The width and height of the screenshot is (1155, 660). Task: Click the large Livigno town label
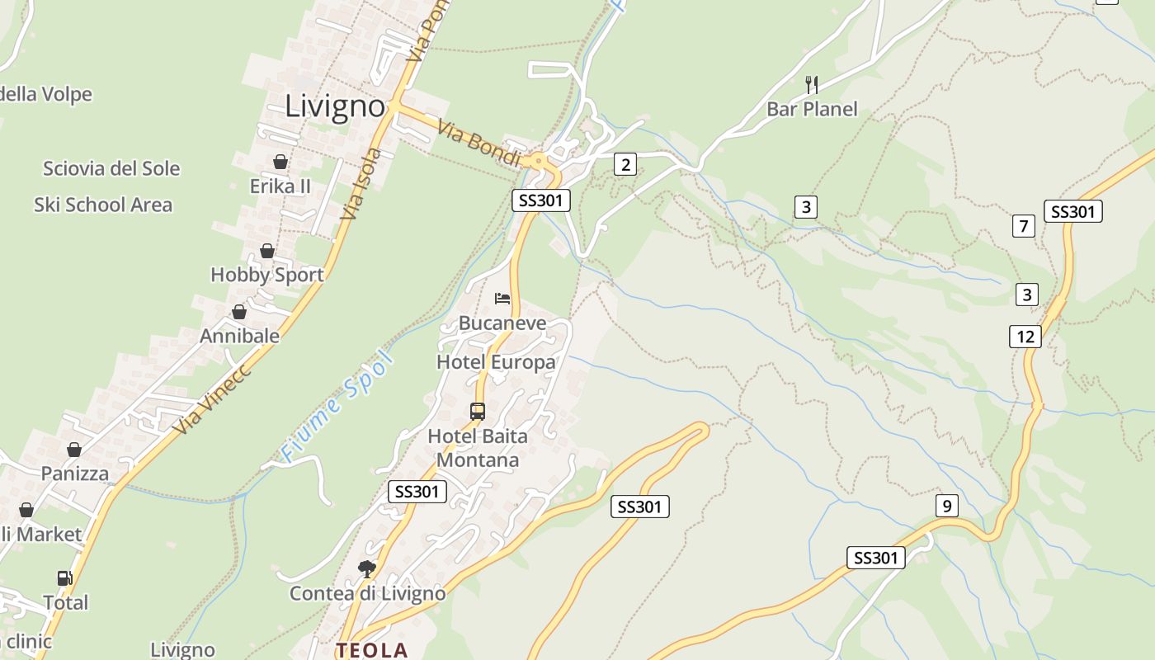coord(335,106)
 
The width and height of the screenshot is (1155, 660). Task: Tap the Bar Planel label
coord(812,109)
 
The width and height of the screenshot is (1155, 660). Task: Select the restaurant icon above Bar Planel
coord(812,83)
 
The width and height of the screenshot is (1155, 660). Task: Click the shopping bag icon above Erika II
coord(280,162)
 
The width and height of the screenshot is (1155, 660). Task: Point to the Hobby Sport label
coord(266,275)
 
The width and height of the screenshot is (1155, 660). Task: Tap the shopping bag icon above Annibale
coord(239,312)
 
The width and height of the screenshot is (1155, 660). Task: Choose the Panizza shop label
coord(75,474)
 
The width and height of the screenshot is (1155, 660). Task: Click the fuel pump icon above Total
coord(65,578)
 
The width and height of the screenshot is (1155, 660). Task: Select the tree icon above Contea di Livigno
coord(367,568)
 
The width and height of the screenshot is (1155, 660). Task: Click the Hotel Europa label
coord(496,362)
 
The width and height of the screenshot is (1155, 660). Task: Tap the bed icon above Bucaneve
coord(502,298)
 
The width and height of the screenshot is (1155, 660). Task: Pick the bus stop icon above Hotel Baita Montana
coord(478,411)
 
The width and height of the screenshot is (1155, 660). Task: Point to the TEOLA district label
coord(371,650)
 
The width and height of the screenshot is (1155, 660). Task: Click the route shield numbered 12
coord(1025,336)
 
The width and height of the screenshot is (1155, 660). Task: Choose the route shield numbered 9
coord(947,506)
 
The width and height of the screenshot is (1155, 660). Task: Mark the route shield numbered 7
coord(1024,225)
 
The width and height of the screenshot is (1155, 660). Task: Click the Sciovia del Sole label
coord(111,168)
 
